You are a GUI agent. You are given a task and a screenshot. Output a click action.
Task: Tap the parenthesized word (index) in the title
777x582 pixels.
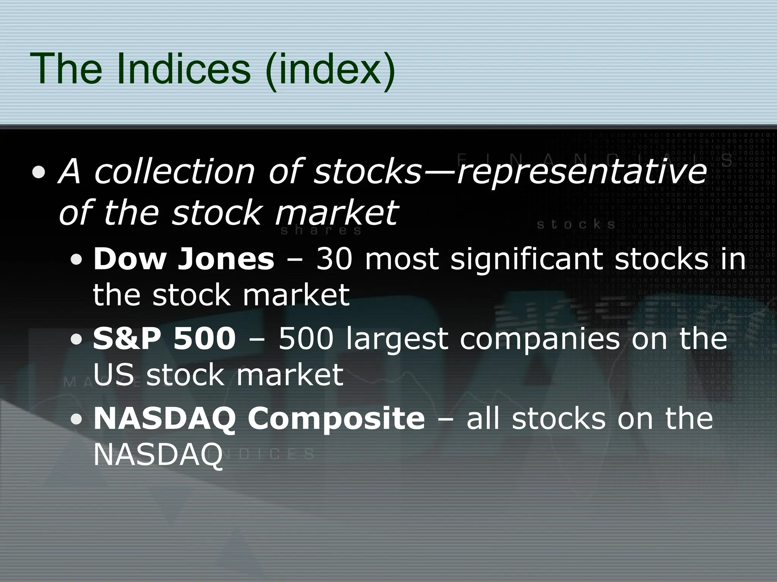tap(330, 70)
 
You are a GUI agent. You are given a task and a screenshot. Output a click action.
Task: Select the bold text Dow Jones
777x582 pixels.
tap(184, 259)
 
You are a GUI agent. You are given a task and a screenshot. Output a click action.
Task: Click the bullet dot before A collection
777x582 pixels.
tap(40, 173)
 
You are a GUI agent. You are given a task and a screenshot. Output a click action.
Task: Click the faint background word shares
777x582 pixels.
tap(321, 230)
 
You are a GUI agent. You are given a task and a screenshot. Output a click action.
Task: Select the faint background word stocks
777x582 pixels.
tap(576, 225)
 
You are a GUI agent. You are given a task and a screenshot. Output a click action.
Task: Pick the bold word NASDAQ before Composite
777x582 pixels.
tap(164, 419)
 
